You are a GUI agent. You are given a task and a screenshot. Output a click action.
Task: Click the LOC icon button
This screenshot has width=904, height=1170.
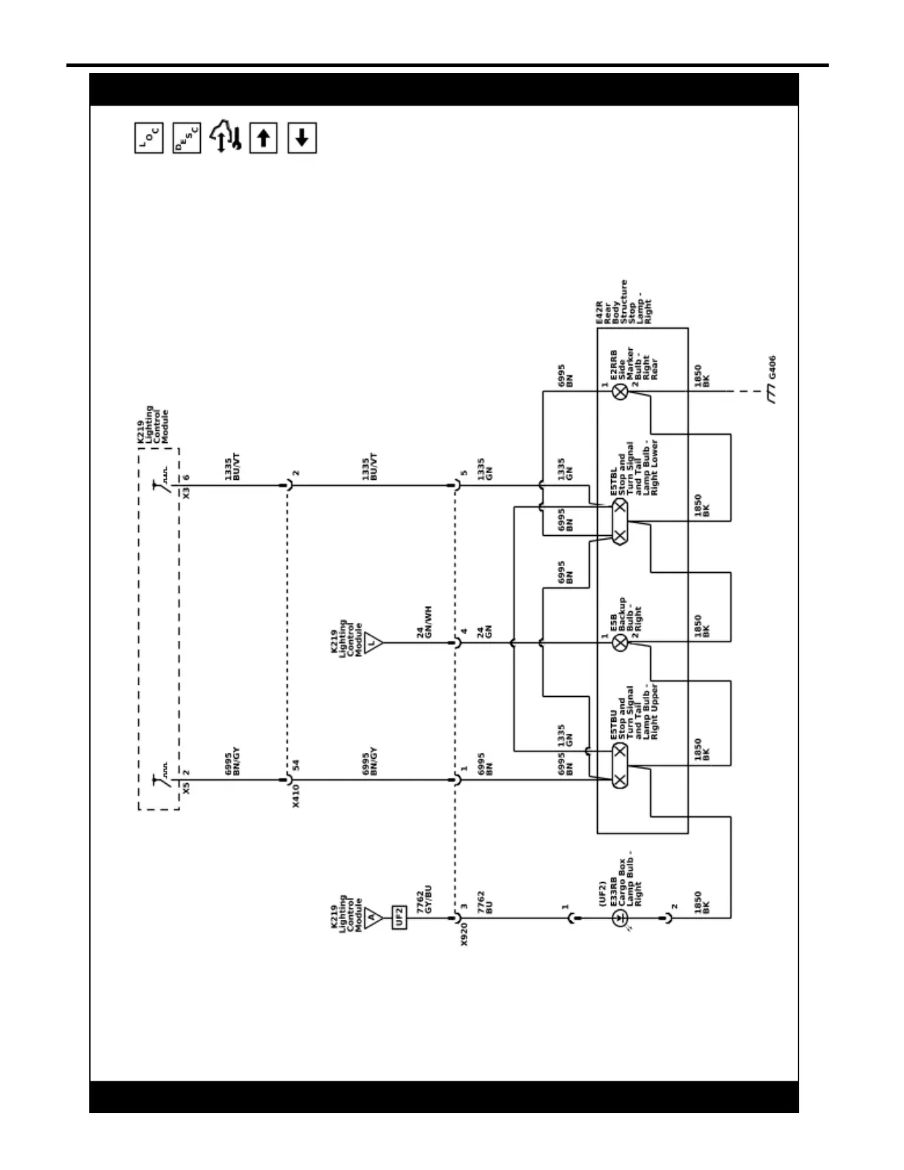coord(149,138)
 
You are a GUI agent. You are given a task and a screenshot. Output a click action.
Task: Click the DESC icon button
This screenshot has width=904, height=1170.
coord(187,138)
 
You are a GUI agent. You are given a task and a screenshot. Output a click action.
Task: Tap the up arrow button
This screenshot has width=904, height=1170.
coord(263,138)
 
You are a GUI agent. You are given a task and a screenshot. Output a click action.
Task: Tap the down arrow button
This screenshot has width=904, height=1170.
coord(301,138)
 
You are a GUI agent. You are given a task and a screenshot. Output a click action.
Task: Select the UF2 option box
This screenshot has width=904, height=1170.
coord(399,918)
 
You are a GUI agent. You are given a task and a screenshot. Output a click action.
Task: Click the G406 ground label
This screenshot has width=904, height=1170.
coord(772,367)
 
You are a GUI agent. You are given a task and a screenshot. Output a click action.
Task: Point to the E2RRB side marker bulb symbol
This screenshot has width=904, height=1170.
coord(621,392)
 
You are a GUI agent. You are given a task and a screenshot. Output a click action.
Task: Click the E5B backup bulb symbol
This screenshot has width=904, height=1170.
coord(621,643)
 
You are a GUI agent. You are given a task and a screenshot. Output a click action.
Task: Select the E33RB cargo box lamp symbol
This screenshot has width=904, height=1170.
coord(621,918)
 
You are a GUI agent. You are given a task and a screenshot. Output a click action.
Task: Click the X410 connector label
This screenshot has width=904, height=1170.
coord(296,796)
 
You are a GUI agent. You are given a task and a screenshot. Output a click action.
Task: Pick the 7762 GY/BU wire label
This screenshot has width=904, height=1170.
coord(424,902)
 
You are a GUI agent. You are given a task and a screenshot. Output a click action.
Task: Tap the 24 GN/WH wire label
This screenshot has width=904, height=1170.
coord(424,622)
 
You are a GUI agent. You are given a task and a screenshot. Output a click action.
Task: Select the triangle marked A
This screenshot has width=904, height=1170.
coord(373,918)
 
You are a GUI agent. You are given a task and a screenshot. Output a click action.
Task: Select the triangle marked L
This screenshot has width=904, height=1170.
coord(373,643)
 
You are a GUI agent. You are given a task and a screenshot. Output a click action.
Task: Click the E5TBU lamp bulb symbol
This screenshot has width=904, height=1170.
coord(621,765)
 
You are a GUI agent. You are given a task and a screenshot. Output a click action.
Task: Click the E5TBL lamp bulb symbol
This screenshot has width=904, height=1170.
coord(621,521)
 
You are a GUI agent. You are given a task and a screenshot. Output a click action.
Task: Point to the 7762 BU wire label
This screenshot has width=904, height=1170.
coord(485,902)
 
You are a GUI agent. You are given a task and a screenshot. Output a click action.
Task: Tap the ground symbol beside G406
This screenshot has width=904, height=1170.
coord(772,396)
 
